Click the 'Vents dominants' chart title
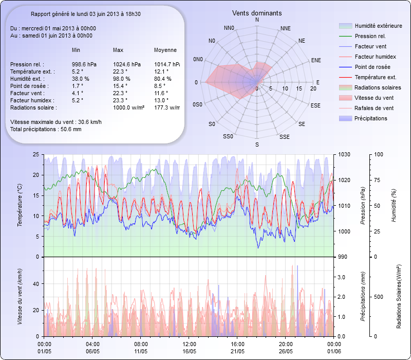click(x=257, y=12)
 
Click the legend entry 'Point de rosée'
click(x=372, y=67)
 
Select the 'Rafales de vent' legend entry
click(x=374, y=108)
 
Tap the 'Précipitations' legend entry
click(x=372, y=118)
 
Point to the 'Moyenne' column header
click(x=165, y=50)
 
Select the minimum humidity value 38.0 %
click(x=81, y=79)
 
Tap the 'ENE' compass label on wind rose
click(x=316, y=60)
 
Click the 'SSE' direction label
click(x=284, y=137)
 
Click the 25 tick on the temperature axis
click(x=35, y=154)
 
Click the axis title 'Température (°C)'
click(x=20, y=205)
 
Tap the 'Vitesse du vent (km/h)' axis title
click(x=20, y=296)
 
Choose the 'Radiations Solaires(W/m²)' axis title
click(x=398, y=297)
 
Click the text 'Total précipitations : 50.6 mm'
click(x=46, y=130)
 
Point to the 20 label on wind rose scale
click(x=313, y=88)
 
